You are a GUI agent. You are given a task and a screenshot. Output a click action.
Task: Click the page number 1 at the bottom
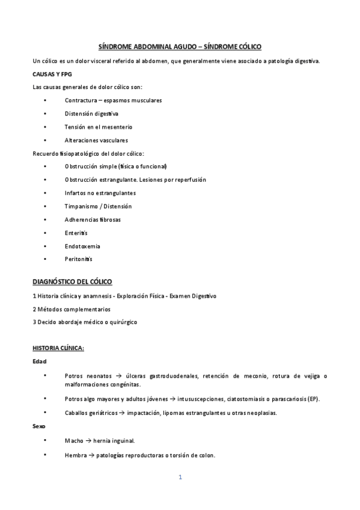click(x=180, y=478)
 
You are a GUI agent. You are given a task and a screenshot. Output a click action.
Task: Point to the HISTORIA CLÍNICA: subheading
click(x=58, y=348)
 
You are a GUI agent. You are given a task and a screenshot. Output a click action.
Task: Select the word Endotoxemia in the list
click(x=82, y=246)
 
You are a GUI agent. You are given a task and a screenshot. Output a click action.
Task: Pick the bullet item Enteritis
click(x=76, y=233)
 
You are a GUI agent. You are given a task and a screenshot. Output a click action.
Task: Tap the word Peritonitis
click(x=78, y=259)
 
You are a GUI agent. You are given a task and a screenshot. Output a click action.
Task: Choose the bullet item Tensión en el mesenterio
click(x=98, y=127)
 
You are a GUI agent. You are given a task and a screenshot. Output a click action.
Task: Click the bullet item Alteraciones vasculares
click(x=96, y=140)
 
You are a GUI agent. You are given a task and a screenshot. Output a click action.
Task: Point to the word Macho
click(x=74, y=440)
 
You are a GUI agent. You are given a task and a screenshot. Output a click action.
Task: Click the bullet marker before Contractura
click(x=45, y=100)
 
